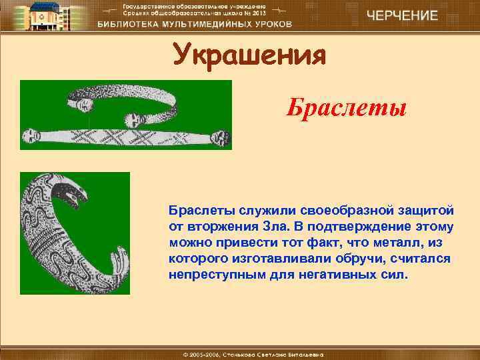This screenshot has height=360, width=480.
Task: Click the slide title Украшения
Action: [249, 55]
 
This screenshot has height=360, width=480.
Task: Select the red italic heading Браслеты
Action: [346, 107]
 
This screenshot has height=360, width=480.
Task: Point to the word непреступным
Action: [207, 274]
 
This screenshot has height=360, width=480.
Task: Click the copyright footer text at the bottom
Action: [240, 352]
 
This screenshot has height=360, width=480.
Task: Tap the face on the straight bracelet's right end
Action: [219, 137]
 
